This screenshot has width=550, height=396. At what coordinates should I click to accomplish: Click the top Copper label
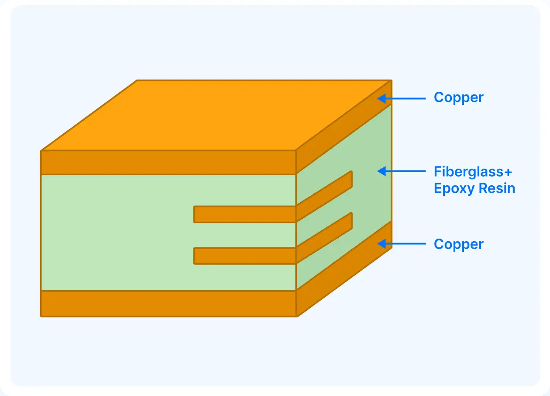click(458, 97)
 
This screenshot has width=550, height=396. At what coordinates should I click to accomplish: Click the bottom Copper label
click(458, 244)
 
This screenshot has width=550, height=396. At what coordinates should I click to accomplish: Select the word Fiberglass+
click(472, 171)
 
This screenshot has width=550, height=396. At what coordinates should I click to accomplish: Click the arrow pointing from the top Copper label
click(402, 98)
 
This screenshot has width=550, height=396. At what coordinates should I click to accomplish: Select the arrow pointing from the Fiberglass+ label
click(402, 171)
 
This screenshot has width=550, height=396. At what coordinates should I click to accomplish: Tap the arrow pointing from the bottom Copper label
click(402, 244)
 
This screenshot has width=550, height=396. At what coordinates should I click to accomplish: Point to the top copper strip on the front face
click(168, 162)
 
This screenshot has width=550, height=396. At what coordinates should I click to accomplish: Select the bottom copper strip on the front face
click(168, 303)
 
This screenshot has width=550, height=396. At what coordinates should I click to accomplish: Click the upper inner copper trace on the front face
click(245, 214)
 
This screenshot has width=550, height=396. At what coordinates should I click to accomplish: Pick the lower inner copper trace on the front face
click(245, 256)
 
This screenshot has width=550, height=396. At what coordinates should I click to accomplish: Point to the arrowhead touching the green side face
click(382, 171)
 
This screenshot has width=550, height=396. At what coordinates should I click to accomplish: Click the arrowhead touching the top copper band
click(382, 98)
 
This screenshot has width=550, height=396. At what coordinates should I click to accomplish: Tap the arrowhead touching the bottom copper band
click(382, 244)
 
